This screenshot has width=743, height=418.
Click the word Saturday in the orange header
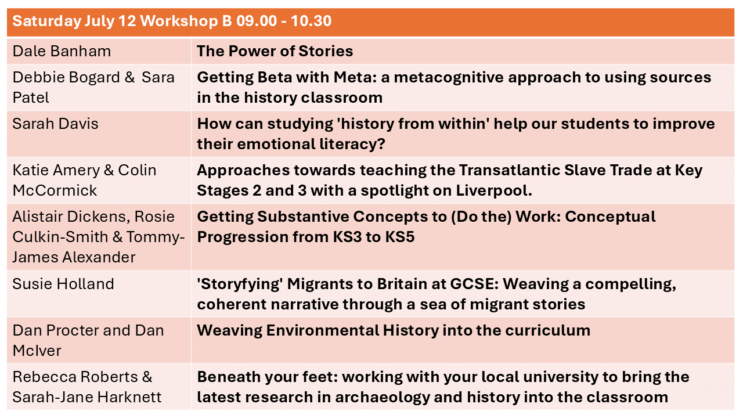pos(47,21)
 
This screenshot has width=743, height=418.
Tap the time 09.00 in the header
pos(257,21)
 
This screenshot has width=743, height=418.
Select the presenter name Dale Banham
pos(62,51)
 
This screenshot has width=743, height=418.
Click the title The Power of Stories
pos(275,51)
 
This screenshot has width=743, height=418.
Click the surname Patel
pos(31,98)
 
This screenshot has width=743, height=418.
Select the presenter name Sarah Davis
pos(55,124)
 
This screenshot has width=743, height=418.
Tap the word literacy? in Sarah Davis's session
pos(352,144)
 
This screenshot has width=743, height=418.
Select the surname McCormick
pos(55,191)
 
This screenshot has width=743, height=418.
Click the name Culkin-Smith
pos(60,237)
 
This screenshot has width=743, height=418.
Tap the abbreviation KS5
pos(400,237)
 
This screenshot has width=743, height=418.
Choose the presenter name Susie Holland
pos(63,284)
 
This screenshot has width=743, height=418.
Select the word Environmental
pos(322,330)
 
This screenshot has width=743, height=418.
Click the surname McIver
pos(37,351)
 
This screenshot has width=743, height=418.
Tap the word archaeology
pos(382,398)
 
